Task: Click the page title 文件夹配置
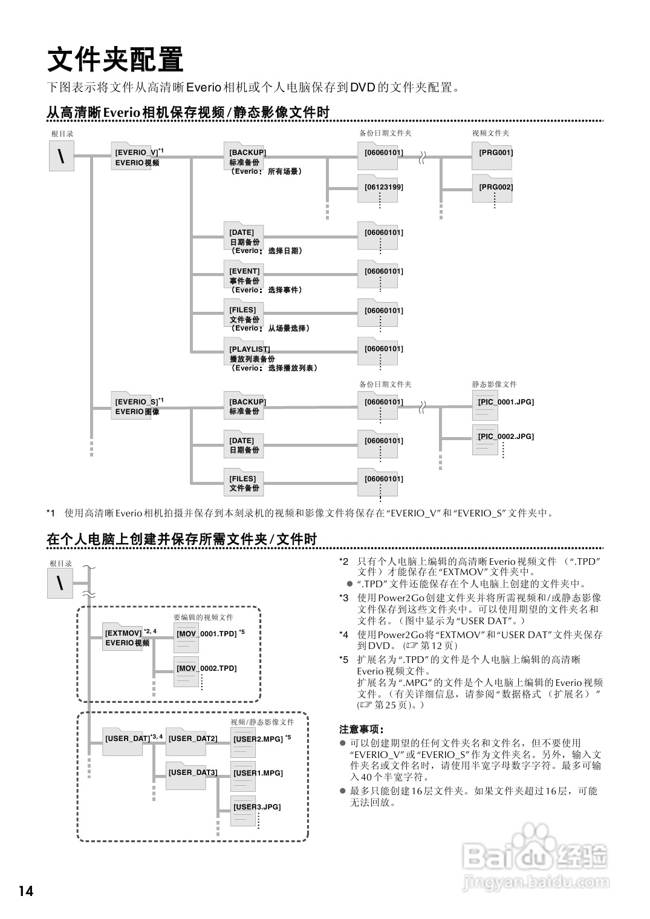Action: click(x=115, y=60)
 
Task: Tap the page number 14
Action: click(x=26, y=891)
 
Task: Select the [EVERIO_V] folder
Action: click(x=136, y=156)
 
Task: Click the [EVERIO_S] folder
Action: click(x=136, y=406)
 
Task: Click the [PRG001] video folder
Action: click(x=495, y=153)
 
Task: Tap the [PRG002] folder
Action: click(x=495, y=188)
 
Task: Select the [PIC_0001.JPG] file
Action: click(x=504, y=403)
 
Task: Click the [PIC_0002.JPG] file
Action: click(x=504, y=437)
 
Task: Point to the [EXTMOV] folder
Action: click(x=123, y=637)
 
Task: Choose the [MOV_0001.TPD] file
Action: click(x=206, y=634)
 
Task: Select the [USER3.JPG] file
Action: click(x=256, y=808)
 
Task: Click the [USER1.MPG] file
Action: click(x=258, y=774)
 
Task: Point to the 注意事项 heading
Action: click(x=361, y=730)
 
